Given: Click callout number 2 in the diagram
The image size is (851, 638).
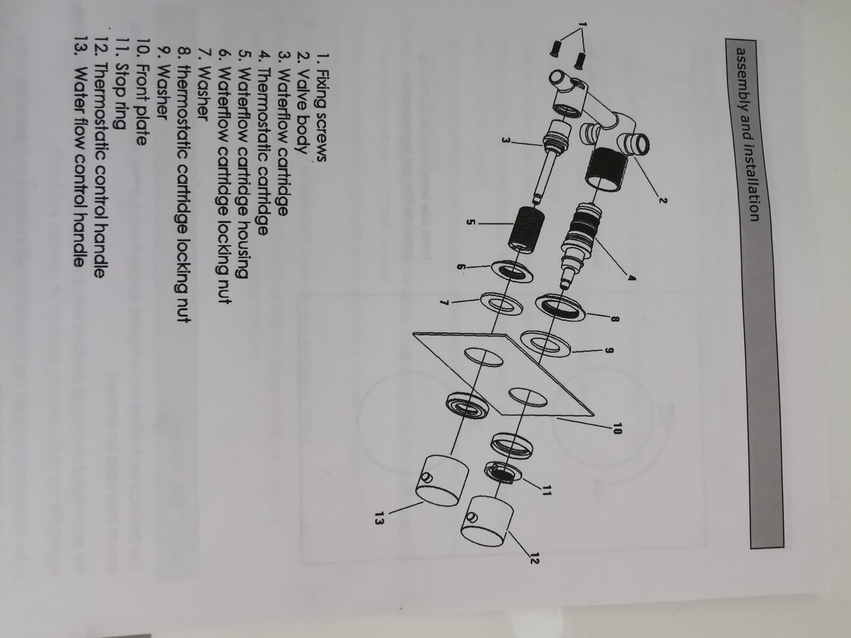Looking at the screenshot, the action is pyautogui.click(x=663, y=200).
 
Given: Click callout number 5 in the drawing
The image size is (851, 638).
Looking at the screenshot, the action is pyautogui.click(x=470, y=222).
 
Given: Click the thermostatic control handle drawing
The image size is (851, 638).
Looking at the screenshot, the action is pyautogui.click(x=487, y=521).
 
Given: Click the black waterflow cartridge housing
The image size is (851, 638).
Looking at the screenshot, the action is pyautogui.click(x=525, y=229).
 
